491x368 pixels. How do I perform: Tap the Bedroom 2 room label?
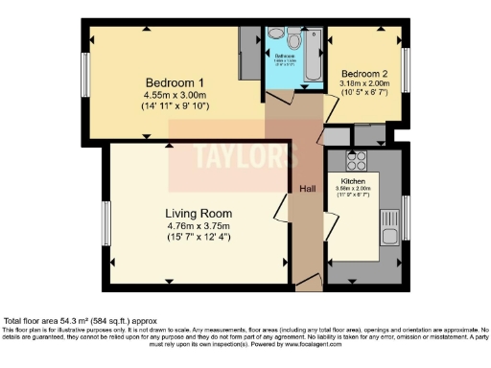(x=364, y=74)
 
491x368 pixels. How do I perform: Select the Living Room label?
(x=199, y=213)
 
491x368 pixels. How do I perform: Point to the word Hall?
(x=307, y=189)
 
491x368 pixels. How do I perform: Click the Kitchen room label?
(x=353, y=180)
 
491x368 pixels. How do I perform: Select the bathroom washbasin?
(x=275, y=34)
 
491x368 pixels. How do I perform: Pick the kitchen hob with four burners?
(x=356, y=159)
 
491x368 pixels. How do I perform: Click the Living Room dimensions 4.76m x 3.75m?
(x=199, y=225)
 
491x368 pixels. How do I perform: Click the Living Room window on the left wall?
(x=106, y=220)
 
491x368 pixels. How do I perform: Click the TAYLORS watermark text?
(x=233, y=156)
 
